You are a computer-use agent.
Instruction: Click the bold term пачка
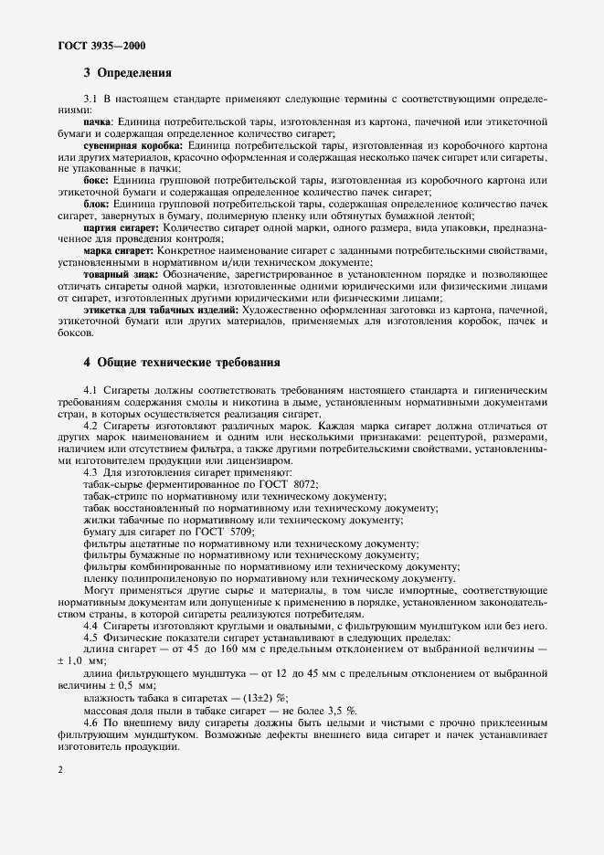(x=98, y=121)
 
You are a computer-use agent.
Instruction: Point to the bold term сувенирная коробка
(x=132, y=145)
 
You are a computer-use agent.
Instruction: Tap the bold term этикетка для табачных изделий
(x=157, y=311)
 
